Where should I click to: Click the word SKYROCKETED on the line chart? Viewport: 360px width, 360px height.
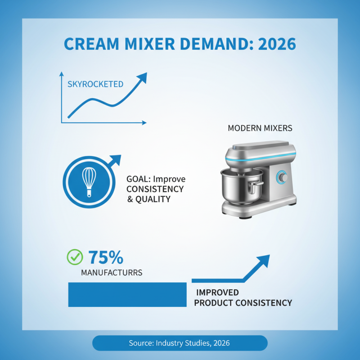coord(95,84)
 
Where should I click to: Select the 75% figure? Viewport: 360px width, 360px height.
coord(105,257)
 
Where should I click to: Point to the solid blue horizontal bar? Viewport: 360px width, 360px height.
coord(127,294)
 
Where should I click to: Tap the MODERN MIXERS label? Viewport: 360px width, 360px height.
coord(260,128)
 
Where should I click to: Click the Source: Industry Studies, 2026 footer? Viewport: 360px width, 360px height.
coord(180,343)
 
